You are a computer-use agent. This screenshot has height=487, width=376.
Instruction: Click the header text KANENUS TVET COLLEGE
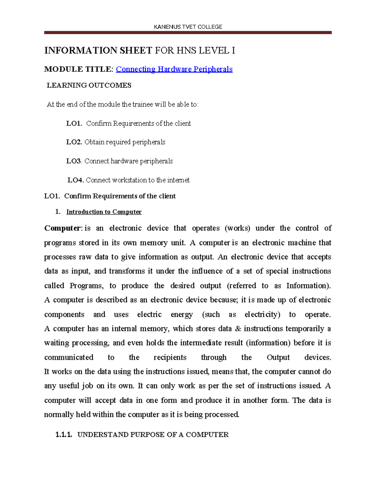(x=188, y=27)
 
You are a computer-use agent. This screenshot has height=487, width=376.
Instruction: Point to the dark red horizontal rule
(x=188, y=33)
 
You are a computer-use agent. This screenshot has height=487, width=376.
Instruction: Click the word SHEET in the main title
(x=136, y=50)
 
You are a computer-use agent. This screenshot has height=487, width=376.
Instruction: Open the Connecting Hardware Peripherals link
(x=174, y=69)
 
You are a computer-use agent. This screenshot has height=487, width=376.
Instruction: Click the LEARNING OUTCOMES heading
(x=89, y=85)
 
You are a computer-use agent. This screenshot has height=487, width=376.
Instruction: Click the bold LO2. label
(x=74, y=142)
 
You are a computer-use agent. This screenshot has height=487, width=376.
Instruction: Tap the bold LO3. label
(x=74, y=161)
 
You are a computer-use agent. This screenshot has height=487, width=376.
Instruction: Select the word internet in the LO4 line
(x=178, y=180)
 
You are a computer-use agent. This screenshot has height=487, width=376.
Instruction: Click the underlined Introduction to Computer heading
(x=104, y=212)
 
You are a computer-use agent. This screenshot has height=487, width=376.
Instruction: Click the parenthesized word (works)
(x=238, y=228)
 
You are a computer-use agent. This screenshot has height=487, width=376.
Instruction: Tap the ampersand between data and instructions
(x=238, y=329)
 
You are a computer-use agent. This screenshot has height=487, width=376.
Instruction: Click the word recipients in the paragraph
(x=170, y=357)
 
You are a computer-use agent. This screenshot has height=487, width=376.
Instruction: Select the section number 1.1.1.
(x=64, y=435)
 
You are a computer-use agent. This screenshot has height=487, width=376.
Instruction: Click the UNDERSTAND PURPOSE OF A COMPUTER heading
(x=153, y=435)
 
